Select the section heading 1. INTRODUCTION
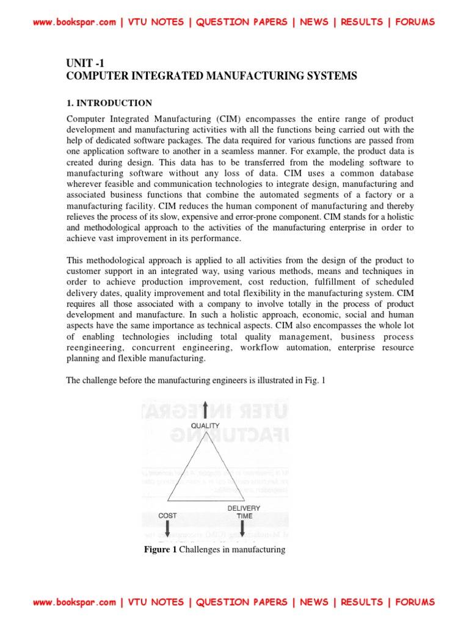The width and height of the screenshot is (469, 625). pyautogui.click(x=109, y=103)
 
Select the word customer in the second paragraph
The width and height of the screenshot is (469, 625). pyautogui.click(x=84, y=270)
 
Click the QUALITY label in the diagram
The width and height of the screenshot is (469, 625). pyautogui.click(x=205, y=425)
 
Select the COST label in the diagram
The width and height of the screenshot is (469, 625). pyautogui.click(x=167, y=516)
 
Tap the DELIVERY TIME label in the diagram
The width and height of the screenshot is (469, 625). pyautogui.click(x=244, y=512)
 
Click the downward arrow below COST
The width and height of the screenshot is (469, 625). pyautogui.click(x=167, y=530)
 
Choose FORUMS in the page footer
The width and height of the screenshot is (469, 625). pyautogui.click(x=415, y=602)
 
